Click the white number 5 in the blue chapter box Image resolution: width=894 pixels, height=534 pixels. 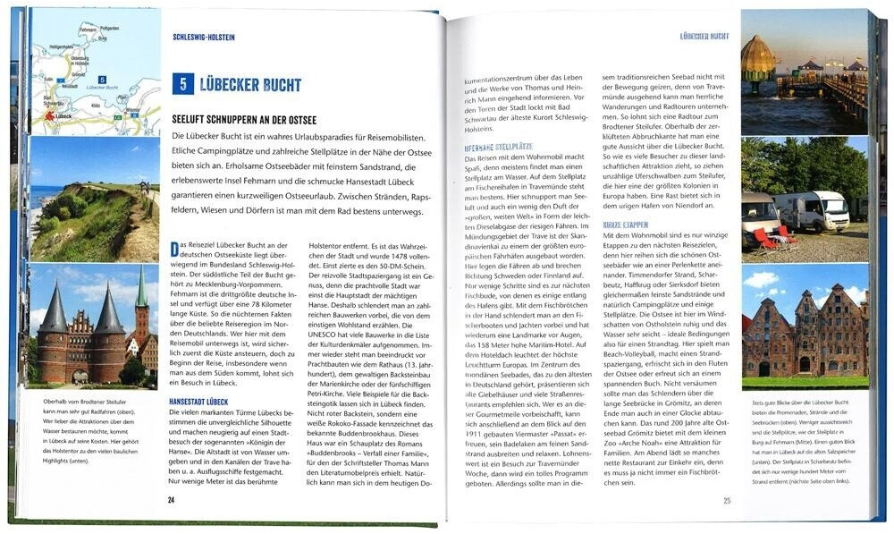(182, 85)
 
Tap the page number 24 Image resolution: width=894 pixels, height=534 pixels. (171, 499)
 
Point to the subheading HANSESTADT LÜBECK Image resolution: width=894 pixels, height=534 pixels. (198, 403)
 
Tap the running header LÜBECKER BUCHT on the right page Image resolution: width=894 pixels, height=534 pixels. (704, 37)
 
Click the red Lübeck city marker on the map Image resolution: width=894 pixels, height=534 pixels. (50, 116)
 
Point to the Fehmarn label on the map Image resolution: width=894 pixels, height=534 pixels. (88, 30)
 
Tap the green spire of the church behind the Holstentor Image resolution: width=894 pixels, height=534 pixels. (141, 291)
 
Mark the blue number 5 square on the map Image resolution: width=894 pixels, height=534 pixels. (103, 80)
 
